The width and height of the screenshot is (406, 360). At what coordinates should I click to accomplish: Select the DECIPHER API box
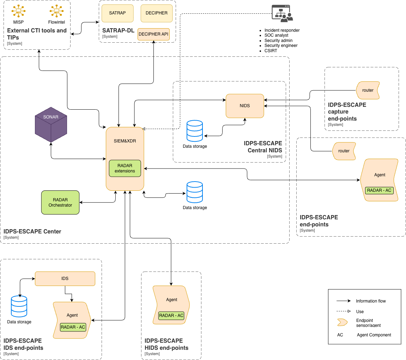point(153,34)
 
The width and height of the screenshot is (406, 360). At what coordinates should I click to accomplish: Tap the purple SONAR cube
point(51,124)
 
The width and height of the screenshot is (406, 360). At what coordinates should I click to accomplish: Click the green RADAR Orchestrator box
point(60,202)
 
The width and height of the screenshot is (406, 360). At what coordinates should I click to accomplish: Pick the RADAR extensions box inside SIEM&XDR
point(125,169)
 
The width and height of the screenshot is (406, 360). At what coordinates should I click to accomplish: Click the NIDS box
point(245,106)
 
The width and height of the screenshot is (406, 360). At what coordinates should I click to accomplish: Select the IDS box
point(65,279)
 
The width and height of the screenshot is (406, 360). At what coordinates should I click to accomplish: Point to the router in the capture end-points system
point(368,90)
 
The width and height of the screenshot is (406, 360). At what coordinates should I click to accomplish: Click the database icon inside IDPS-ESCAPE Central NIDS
point(195,131)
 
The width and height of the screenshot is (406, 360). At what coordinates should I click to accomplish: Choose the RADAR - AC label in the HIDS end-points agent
point(171,316)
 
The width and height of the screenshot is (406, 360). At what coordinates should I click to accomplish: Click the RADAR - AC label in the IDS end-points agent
point(73,327)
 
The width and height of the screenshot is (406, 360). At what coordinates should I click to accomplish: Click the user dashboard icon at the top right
point(282,14)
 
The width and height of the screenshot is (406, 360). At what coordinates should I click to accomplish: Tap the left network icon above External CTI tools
point(18,11)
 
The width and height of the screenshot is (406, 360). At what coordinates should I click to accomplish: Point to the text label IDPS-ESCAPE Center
point(32,232)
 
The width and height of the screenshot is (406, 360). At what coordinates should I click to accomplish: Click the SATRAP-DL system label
point(118,31)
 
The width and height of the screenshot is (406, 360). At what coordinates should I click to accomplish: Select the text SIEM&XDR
point(125,141)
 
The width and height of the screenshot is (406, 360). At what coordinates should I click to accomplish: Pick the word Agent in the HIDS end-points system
point(172,300)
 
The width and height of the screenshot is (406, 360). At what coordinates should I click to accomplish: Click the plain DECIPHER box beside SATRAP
point(157,13)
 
